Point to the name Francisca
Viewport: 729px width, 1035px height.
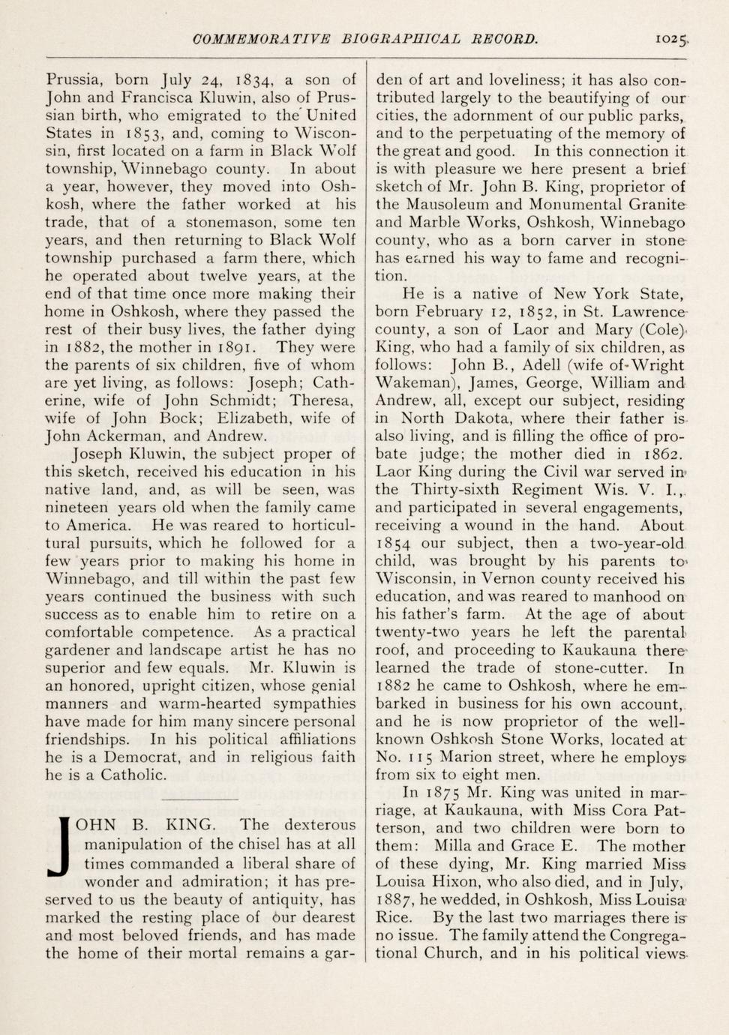point(154,97)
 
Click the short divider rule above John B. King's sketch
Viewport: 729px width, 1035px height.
point(199,799)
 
